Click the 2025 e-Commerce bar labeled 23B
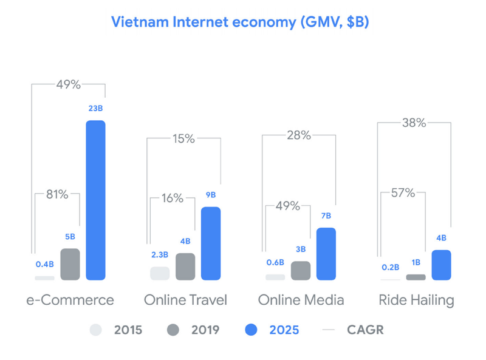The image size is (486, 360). [x=95, y=200]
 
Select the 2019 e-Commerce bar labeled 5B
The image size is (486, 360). [x=70, y=265]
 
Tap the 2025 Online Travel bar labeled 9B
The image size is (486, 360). [x=210, y=243]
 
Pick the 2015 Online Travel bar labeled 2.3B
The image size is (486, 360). [x=160, y=273]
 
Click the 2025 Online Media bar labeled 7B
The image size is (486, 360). [x=326, y=254]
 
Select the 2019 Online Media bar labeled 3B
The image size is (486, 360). [x=300, y=271]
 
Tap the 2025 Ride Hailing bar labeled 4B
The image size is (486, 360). [x=441, y=265]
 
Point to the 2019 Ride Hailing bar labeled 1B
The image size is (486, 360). [x=416, y=277]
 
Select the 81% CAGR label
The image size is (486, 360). [x=58, y=195]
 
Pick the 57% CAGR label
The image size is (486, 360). [x=403, y=193]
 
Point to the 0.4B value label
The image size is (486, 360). [x=44, y=264]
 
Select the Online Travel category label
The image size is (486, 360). [x=185, y=300]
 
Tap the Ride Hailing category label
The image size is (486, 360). [x=416, y=300]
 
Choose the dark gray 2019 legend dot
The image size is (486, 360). [x=173, y=330]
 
